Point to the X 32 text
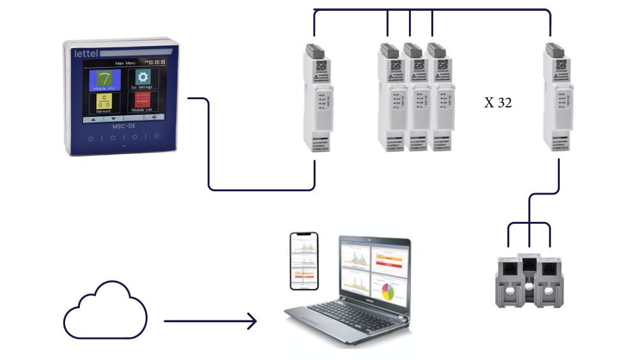498,102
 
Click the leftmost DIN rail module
316,96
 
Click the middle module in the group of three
413,96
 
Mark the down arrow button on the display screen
114,118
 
